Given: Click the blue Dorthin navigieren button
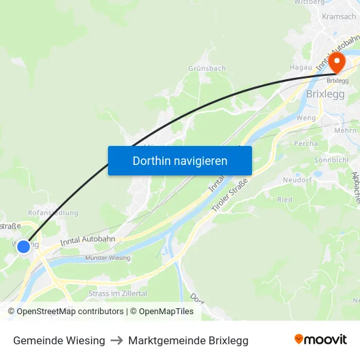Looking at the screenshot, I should (180, 160).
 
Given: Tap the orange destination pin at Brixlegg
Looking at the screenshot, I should (336, 63).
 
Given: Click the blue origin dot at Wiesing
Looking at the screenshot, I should (24, 247).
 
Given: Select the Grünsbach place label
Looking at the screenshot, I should (207, 68).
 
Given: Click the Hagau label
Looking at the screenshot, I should (300, 67).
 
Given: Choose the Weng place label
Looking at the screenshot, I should (306, 118).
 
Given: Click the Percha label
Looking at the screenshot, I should (306, 143).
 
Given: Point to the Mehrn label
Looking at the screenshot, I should (345, 131).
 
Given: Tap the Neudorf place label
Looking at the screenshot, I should (297, 179).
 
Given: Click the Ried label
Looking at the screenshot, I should (285, 200).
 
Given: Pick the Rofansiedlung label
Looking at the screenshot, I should (53, 213).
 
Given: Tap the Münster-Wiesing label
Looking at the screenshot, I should (107, 258).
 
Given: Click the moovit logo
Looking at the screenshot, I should (321, 340).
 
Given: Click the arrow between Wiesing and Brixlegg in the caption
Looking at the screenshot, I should (117, 340).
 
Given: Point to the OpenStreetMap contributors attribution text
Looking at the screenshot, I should (65, 312).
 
